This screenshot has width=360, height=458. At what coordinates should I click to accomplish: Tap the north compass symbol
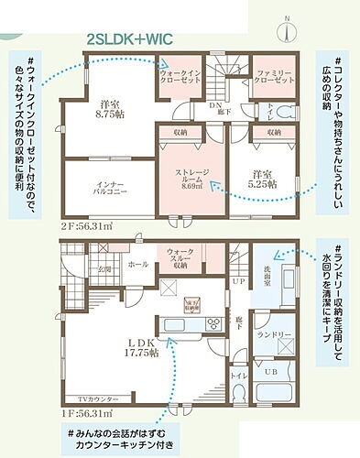[x=288, y=27]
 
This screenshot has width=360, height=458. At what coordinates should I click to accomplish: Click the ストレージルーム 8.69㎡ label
[x=192, y=179]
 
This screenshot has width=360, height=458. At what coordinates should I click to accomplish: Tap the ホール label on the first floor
[x=136, y=264]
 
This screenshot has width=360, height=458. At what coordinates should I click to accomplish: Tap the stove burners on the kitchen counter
[x=213, y=322]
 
